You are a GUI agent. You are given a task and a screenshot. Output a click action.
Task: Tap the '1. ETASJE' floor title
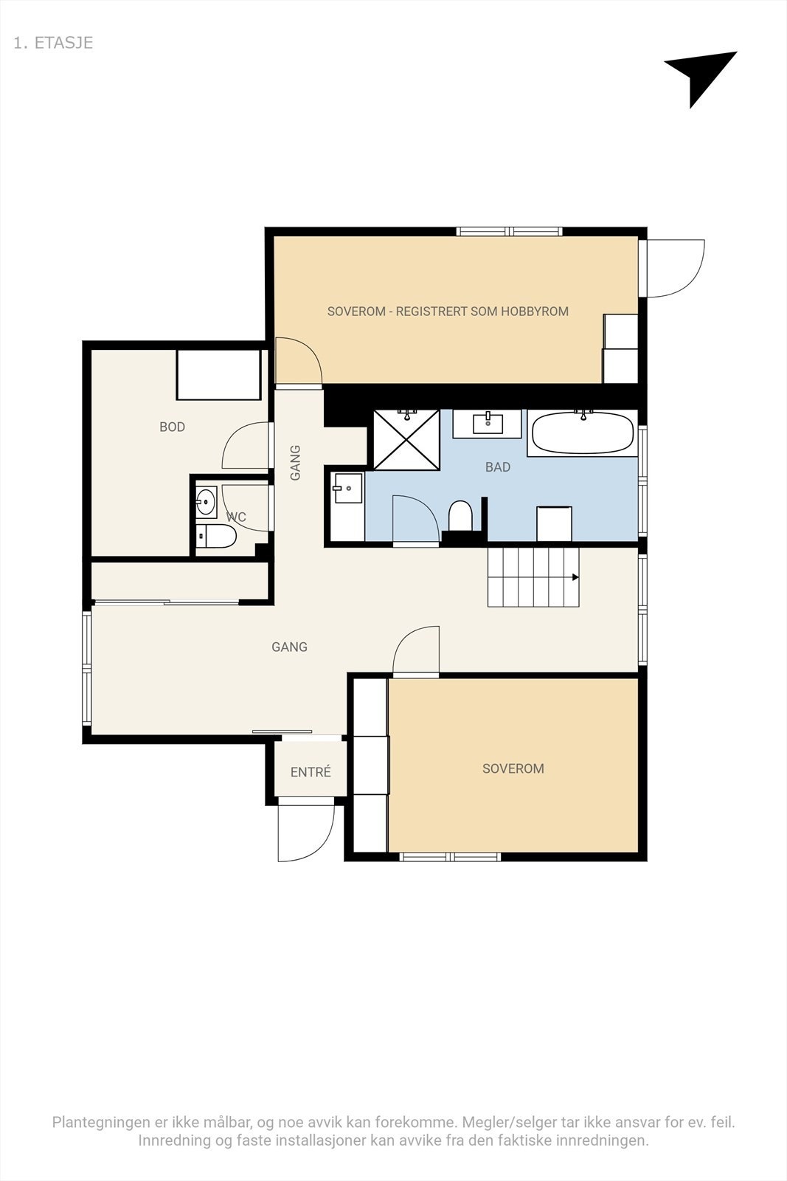[53, 43]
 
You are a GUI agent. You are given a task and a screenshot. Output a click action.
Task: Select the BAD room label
[498, 467]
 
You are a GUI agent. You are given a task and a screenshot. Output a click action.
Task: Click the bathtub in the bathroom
[583, 433]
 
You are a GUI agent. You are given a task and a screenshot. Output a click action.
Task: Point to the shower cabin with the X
[406, 440]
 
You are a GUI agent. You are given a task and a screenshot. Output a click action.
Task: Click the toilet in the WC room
[219, 537]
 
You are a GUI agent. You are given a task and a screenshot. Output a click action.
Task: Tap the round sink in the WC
[205, 503]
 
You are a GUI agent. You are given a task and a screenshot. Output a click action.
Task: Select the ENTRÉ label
[311, 772]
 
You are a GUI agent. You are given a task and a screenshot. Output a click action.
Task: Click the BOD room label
[173, 427]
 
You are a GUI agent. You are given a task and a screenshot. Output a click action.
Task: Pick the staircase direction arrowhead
[575, 577]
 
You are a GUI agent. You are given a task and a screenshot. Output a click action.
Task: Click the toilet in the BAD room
[460, 515]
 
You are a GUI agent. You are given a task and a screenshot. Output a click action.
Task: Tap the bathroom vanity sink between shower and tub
[488, 424]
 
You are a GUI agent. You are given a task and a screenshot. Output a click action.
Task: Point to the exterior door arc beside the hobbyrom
[675, 268]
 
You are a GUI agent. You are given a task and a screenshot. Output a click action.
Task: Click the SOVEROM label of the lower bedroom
[513, 768]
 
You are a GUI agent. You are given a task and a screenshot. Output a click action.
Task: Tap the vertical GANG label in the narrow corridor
[296, 462]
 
